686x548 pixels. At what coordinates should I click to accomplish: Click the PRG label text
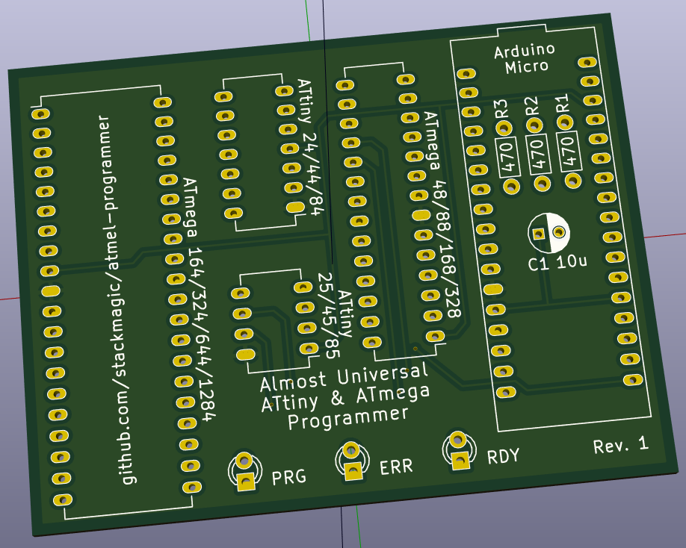[288, 477]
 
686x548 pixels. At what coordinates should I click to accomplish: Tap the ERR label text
[396, 467]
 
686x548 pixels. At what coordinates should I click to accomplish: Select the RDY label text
[503, 456]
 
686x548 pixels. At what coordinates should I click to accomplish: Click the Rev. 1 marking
[620, 445]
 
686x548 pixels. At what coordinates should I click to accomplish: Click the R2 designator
[531, 106]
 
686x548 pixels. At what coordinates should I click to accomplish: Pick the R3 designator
[501, 109]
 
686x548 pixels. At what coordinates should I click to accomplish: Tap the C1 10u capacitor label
[557, 263]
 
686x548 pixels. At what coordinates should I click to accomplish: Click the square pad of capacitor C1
[539, 234]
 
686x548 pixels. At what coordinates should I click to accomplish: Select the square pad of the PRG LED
[247, 482]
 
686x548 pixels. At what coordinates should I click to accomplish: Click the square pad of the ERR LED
[353, 471]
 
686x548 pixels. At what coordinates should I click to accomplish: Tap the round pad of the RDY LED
[457, 439]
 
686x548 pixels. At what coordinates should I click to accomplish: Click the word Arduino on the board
[525, 51]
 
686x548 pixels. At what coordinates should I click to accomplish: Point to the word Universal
[383, 374]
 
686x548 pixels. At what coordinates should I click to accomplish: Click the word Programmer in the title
[348, 419]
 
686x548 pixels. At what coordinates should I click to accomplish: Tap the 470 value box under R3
[507, 158]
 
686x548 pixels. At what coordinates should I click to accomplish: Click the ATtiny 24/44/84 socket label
[310, 147]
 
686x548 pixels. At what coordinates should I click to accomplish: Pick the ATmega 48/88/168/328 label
[442, 214]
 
